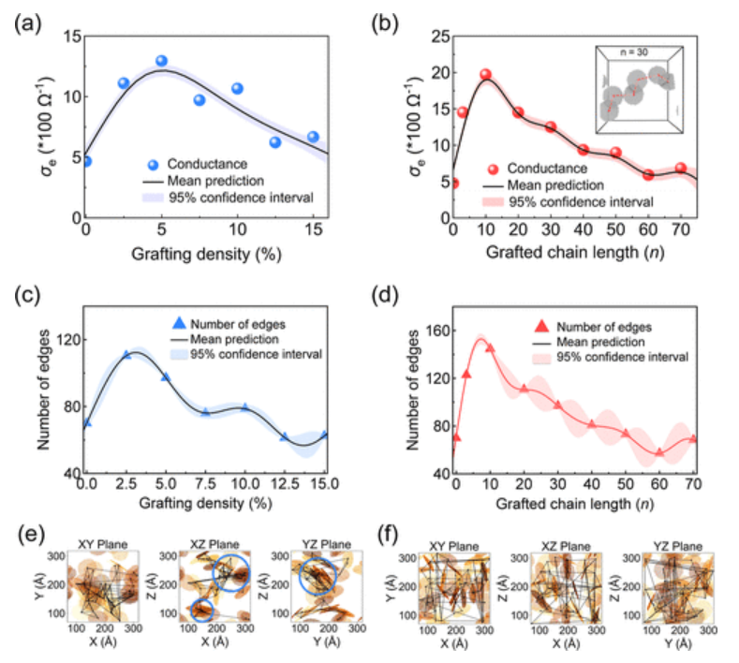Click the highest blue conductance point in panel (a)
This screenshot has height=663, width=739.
(161, 61)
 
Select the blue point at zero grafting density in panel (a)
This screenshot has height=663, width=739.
(86, 161)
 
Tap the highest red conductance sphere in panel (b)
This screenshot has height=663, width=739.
(485, 75)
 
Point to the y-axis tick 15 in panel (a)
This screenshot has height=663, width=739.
(68, 37)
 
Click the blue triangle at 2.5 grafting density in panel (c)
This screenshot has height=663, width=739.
(127, 355)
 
